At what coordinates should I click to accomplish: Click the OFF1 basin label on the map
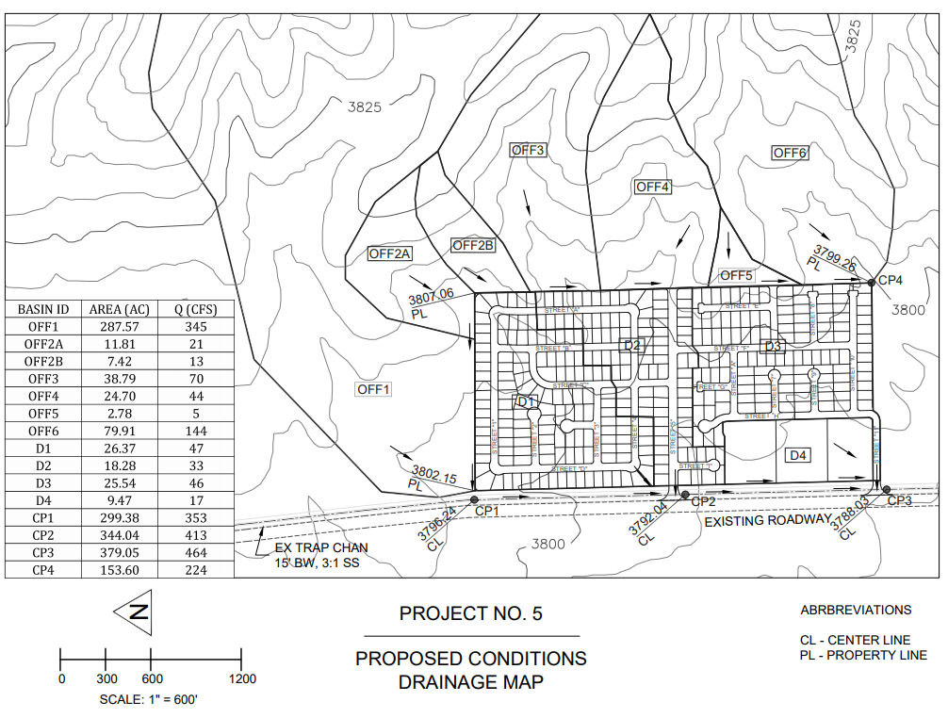click(373, 389)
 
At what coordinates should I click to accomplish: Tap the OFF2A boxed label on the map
click(390, 253)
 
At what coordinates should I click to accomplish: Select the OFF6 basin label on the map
click(791, 154)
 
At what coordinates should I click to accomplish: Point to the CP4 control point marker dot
click(872, 281)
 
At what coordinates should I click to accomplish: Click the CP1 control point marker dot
click(473, 500)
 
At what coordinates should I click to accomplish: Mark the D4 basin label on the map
click(797, 456)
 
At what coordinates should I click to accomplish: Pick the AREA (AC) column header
click(119, 309)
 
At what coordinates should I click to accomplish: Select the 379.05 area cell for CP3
click(119, 552)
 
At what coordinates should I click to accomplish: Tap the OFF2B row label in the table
click(44, 361)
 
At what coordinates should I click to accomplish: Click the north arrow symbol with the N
click(138, 612)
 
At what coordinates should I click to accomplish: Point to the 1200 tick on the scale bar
click(242, 678)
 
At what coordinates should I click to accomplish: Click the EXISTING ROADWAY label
click(768, 520)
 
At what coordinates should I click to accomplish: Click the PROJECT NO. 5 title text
click(471, 614)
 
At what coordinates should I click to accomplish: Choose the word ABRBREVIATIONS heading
click(856, 610)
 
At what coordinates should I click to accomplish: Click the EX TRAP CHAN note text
click(321, 547)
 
